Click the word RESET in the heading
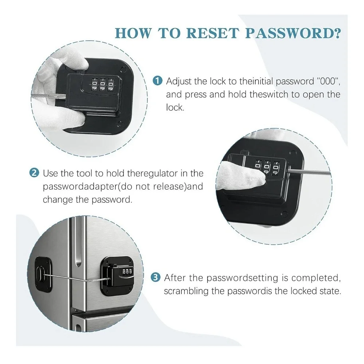(x=213, y=33)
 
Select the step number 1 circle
(x=157, y=81)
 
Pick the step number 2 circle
(x=34, y=173)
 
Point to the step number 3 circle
(x=155, y=277)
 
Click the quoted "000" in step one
(x=328, y=81)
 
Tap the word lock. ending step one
(x=175, y=107)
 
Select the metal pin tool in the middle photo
(x=308, y=173)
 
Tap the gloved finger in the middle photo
(x=241, y=176)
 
